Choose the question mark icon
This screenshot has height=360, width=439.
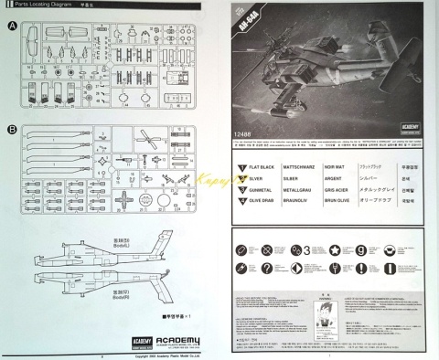tap(267, 268)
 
